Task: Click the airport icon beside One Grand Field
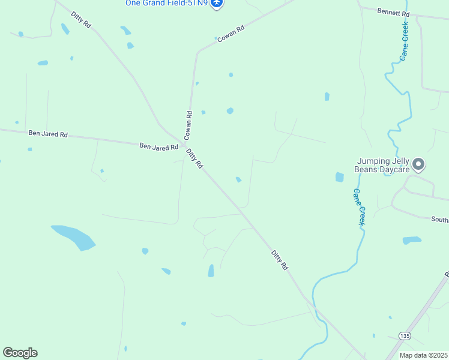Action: (217, 4)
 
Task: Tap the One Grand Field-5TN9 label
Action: (166, 3)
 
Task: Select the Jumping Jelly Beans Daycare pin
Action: (419, 164)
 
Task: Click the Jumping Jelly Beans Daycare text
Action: (383, 165)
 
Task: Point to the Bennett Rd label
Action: (393, 12)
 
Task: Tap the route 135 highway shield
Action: (405, 335)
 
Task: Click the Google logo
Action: (20, 353)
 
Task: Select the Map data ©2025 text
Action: (423, 355)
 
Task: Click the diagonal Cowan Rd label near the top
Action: (231, 33)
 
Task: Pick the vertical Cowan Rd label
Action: (188, 122)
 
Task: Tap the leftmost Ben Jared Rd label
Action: (47, 133)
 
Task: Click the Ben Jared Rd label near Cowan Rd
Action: (158, 146)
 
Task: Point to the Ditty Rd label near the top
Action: (81, 20)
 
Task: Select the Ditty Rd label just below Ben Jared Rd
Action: (194, 158)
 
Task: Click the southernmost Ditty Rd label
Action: (280, 259)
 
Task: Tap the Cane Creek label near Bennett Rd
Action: (405, 40)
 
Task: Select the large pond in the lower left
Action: (74, 237)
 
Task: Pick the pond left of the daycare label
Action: (340, 177)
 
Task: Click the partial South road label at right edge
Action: (439, 220)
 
